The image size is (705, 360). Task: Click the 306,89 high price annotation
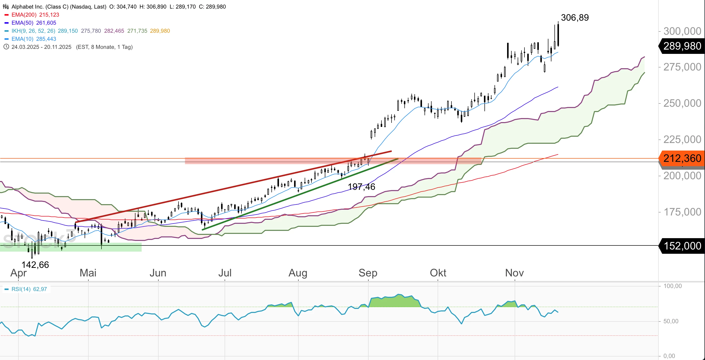click(x=575, y=18)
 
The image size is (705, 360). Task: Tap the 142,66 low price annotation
click(x=35, y=265)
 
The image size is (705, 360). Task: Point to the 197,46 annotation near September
click(x=361, y=187)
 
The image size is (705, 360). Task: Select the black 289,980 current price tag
click(x=682, y=46)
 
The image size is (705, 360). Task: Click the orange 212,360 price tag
click(x=682, y=158)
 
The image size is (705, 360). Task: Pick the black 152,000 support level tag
click(x=682, y=246)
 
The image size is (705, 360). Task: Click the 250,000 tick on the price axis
click(x=682, y=103)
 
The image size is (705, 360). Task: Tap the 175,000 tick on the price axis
click(x=682, y=212)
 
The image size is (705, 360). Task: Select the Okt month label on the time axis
click(x=438, y=273)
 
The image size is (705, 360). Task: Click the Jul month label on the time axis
click(x=225, y=273)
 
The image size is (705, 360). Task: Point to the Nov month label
click(x=514, y=273)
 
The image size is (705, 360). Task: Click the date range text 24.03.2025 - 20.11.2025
click(x=41, y=47)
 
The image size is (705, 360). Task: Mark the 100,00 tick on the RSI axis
click(x=673, y=286)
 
